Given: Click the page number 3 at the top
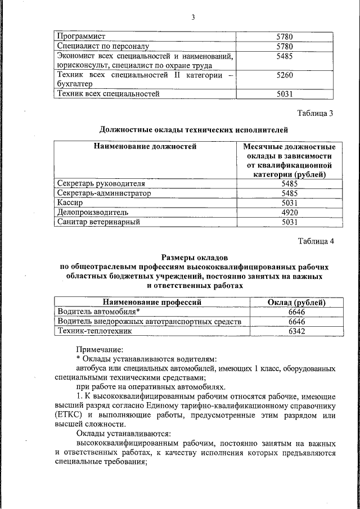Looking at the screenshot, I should click(193, 17).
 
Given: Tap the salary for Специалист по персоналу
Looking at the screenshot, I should click(288, 47).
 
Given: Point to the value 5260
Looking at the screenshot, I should click(288, 75).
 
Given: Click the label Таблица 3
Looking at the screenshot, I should click(316, 114).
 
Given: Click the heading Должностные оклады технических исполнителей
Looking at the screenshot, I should click(193, 130).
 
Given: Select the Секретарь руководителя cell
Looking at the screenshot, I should click(102, 183).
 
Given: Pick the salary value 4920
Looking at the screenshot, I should click(288, 212).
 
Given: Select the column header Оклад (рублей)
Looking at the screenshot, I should click(296, 302).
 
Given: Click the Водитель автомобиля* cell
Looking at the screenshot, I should click(98, 312).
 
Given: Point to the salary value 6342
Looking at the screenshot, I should click(296, 331).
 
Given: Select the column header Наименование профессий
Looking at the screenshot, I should click(151, 302).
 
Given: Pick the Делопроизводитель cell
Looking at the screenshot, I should click(93, 212).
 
